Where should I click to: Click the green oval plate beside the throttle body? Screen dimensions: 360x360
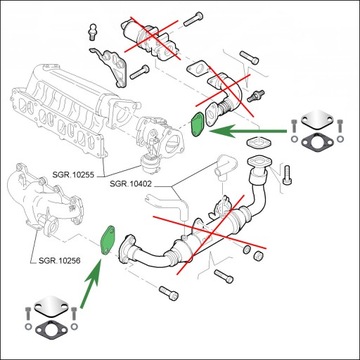coord(197,125)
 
